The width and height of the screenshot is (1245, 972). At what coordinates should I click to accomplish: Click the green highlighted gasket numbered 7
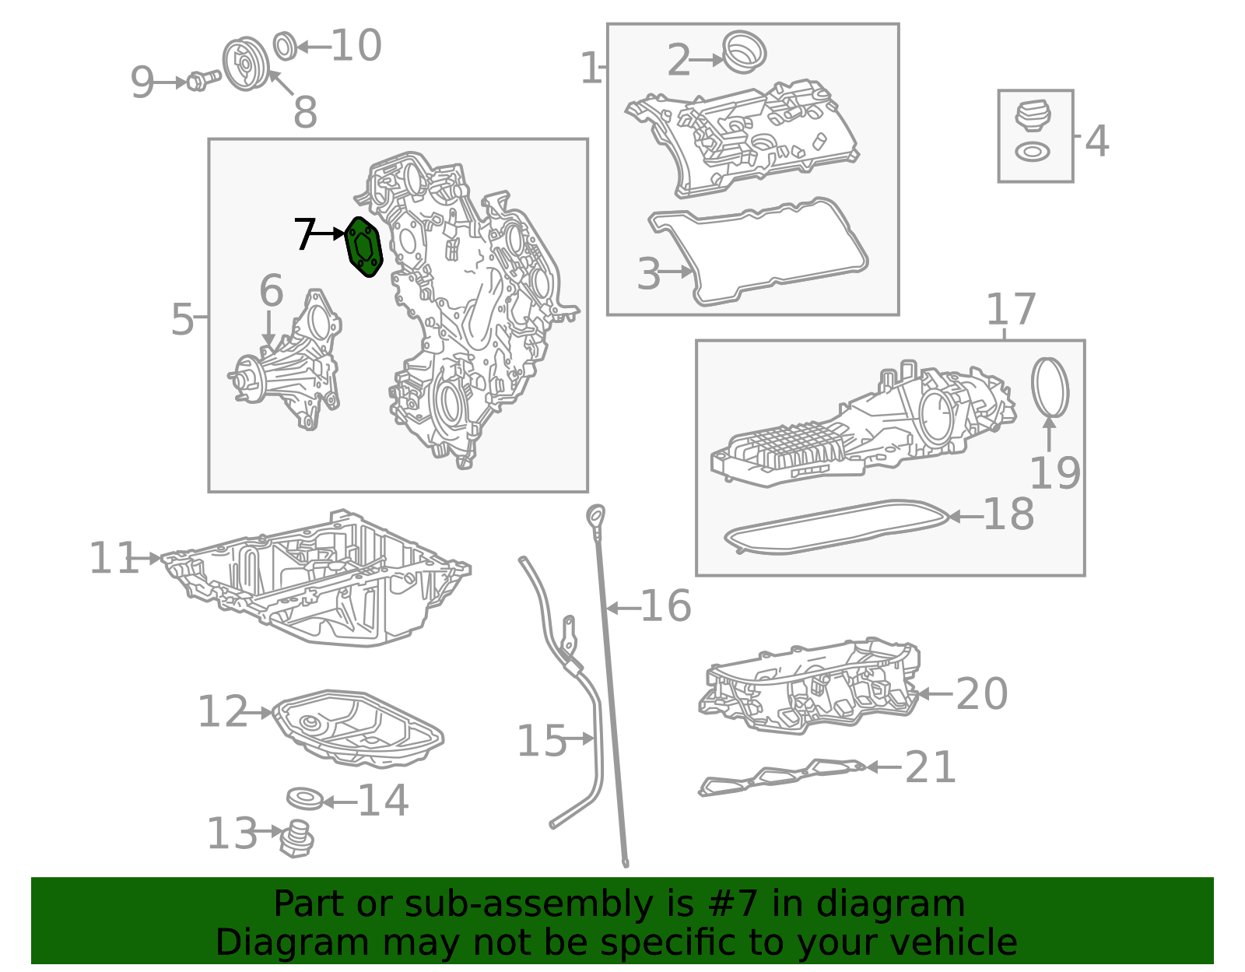tap(364, 247)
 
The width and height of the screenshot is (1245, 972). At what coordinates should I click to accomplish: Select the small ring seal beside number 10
tap(285, 47)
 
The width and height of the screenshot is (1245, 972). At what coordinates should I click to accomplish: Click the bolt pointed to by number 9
tap(204, 81)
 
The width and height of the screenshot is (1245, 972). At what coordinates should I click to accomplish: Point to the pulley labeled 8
tap(246, 64)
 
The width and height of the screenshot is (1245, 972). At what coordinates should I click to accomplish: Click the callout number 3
tap(649, 274)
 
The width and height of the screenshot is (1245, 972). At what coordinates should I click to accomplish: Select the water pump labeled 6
tap(286, 360)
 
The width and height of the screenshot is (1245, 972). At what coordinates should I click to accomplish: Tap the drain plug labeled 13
tap(296, 839)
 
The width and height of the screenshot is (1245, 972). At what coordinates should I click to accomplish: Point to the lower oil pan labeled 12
tap(357, 728)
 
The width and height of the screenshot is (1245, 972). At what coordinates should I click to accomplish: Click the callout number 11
tap(114, 558)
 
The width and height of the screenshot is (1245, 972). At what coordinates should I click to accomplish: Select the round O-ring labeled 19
tap(1050, 388)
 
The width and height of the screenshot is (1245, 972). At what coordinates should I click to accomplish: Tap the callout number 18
tap(1009, 514)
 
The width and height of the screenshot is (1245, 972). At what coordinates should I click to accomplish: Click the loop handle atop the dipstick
tap(596, 514)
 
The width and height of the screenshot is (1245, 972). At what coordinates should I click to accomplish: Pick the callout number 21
tap(931, 767)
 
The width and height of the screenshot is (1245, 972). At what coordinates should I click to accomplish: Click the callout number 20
tap(981, 693)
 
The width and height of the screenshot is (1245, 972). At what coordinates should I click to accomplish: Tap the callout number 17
tap(1012, 309)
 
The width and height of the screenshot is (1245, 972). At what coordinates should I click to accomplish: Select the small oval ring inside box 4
tap(1033, 153)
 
